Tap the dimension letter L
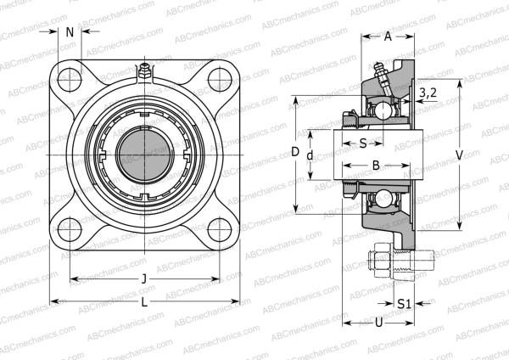143,301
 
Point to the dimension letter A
388,37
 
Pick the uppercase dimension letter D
295,153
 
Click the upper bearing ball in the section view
383,110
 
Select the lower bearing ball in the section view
383,200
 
